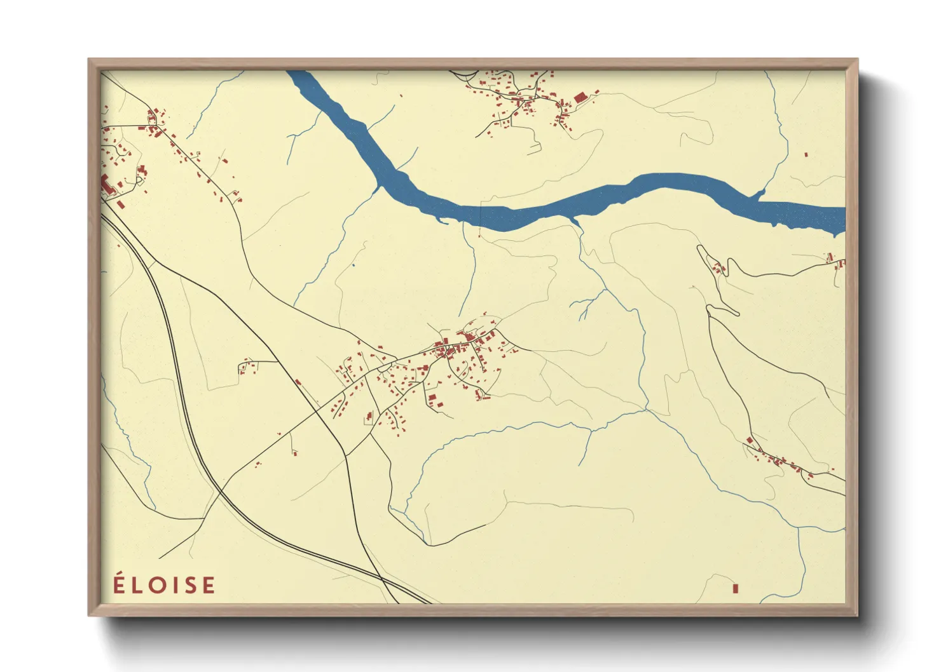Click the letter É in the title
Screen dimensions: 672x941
pos(118,584)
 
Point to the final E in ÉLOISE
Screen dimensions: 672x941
pos(209,585)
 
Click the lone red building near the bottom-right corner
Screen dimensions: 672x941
pos(736,589)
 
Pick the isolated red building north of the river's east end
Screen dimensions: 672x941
pos(806,154)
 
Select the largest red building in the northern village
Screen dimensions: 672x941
pos(579,98)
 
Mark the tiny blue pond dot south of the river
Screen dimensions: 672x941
pos(353,265)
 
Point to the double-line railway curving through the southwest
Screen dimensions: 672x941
pos(184,407)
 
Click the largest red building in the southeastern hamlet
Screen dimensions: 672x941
pos(750,440)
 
